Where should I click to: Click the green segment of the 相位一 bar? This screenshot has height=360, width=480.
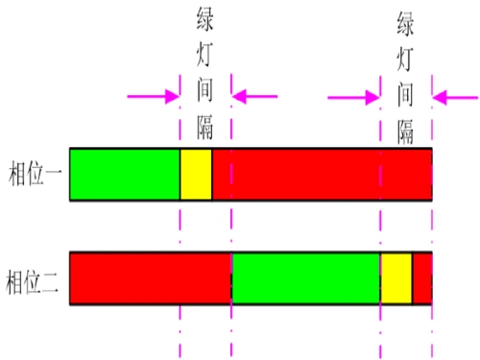pyautogui.click(x=125, y=174)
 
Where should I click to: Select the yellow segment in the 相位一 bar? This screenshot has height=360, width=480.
pyautogui.click(x=196, y=174)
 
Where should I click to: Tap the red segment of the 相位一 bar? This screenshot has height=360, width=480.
pyautogui.click(x=322, y=174)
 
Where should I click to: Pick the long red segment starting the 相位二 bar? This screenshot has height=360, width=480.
pyautogui.click(x=151, y=278)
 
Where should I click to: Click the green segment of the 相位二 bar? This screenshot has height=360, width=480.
pyautogui.click(x=306, y=278)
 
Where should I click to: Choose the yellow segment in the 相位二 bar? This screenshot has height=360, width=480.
pyautogui.click(x=396, y=278)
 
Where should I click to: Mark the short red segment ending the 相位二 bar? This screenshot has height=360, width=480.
pyautogui.click(x=422, y=278)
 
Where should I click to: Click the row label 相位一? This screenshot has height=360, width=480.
pyautogui.click(x=33, y=175)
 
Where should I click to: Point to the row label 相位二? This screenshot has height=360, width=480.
pyautogui.click(x=33, y=279)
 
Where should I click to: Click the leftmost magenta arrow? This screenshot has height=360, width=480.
pyautogui.click(x=154, y=96)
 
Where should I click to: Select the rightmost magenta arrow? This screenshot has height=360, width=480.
pyautogui.click(x=455, y=96)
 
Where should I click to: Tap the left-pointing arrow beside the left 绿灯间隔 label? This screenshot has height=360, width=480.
pyautogui.click(x=254, y=96)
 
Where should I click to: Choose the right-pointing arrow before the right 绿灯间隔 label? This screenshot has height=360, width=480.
pyautogui.click(x=354, y=96)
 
